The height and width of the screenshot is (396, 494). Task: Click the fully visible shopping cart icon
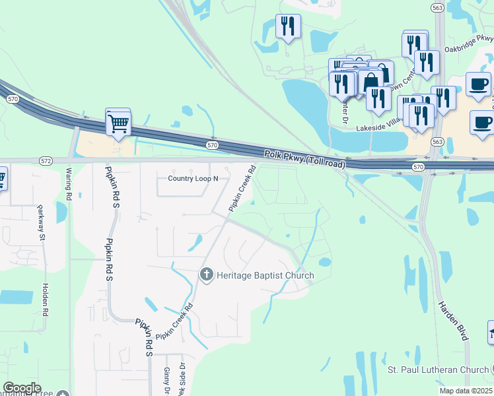[118, 122]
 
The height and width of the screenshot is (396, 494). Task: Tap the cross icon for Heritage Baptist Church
[207, 275]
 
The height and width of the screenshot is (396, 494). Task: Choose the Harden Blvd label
[452, 321]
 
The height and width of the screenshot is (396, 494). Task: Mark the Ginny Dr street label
[167, 381]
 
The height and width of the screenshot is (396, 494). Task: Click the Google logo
[22, 388]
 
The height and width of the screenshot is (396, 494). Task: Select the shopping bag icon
[370, 82]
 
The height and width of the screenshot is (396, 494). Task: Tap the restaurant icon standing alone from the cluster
[287, 27]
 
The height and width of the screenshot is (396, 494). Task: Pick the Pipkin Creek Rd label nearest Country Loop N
[242, 187]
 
